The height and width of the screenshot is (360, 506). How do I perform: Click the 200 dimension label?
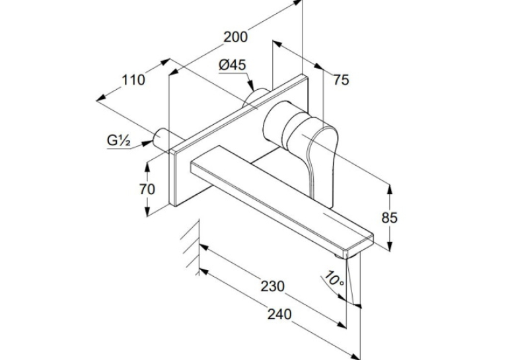[x=236, y=37]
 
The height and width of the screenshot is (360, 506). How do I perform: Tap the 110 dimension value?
[x=133, y=80]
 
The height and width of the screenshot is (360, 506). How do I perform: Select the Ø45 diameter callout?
[x=233, y=65]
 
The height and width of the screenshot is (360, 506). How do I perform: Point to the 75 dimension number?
[x=341, y=80]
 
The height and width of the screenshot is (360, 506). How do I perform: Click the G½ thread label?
[x=119, y=141]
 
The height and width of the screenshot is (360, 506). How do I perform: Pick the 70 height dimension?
[x=147, y=190]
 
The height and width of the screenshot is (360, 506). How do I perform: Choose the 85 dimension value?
[x=389, y=218]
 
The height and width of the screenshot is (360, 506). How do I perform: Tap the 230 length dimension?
[x=273, y=286]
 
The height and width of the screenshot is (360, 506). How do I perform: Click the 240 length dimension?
[x=279, y=314]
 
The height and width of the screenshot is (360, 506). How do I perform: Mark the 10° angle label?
[x=334, y=278]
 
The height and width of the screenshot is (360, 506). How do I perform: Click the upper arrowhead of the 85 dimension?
[x=390, y=190]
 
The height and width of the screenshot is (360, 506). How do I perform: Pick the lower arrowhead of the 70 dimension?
[x=147, y=211]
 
